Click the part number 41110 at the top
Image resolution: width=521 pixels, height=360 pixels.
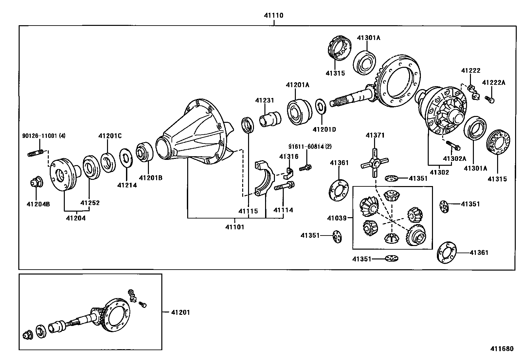click(274, 15)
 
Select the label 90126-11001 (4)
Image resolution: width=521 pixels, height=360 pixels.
click(44, 136)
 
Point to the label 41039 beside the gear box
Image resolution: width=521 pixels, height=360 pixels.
click(337, 218)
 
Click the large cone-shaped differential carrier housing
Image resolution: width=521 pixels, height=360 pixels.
click(193, 133)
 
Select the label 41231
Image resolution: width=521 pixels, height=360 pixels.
click(264, 101)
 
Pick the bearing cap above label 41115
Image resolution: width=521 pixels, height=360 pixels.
click(264, 179)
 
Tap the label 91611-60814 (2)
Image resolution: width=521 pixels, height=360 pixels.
click(310, 146)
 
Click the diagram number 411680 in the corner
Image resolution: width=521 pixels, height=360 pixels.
click(502, 349)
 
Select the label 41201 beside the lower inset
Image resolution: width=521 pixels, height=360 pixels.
click(180, 313)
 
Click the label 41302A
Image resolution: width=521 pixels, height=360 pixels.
click(454, 159)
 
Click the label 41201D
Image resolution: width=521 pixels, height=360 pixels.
click(324, 129)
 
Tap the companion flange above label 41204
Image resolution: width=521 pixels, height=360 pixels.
click(64, 175)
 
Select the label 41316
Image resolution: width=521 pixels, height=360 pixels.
click(289, 157)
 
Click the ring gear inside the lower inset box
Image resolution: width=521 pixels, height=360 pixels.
click(117, 315)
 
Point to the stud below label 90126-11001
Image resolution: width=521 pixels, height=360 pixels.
click(35, 153)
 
